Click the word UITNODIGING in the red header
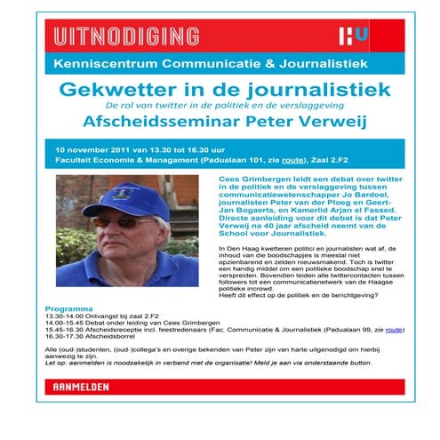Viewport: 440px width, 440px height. click(124, 36)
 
